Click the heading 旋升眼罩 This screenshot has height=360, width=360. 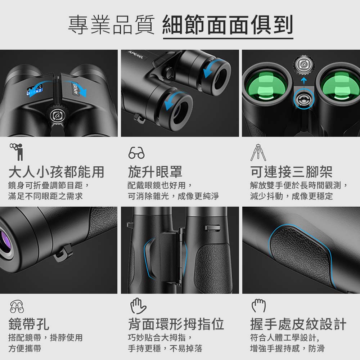(155, 172)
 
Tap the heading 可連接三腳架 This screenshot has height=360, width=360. (291, 172)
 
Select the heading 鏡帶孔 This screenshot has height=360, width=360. (29, 324)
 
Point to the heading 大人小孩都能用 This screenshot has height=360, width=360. (56, 172)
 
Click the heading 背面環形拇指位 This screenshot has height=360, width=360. (176, 324)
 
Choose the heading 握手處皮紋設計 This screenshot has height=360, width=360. (298, 324)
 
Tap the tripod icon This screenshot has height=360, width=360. (258, 153)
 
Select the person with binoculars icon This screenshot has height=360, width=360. (17, 152)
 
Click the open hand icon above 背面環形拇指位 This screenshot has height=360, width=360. (138, 306)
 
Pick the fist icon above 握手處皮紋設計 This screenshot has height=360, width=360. (259, 306)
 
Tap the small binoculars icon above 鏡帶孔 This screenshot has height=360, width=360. (17, 306)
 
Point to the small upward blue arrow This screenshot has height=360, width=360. (304, 81)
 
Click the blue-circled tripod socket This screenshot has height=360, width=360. (304, 99)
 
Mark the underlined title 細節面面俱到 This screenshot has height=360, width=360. (228, 25)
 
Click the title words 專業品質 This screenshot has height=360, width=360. (111, 25)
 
